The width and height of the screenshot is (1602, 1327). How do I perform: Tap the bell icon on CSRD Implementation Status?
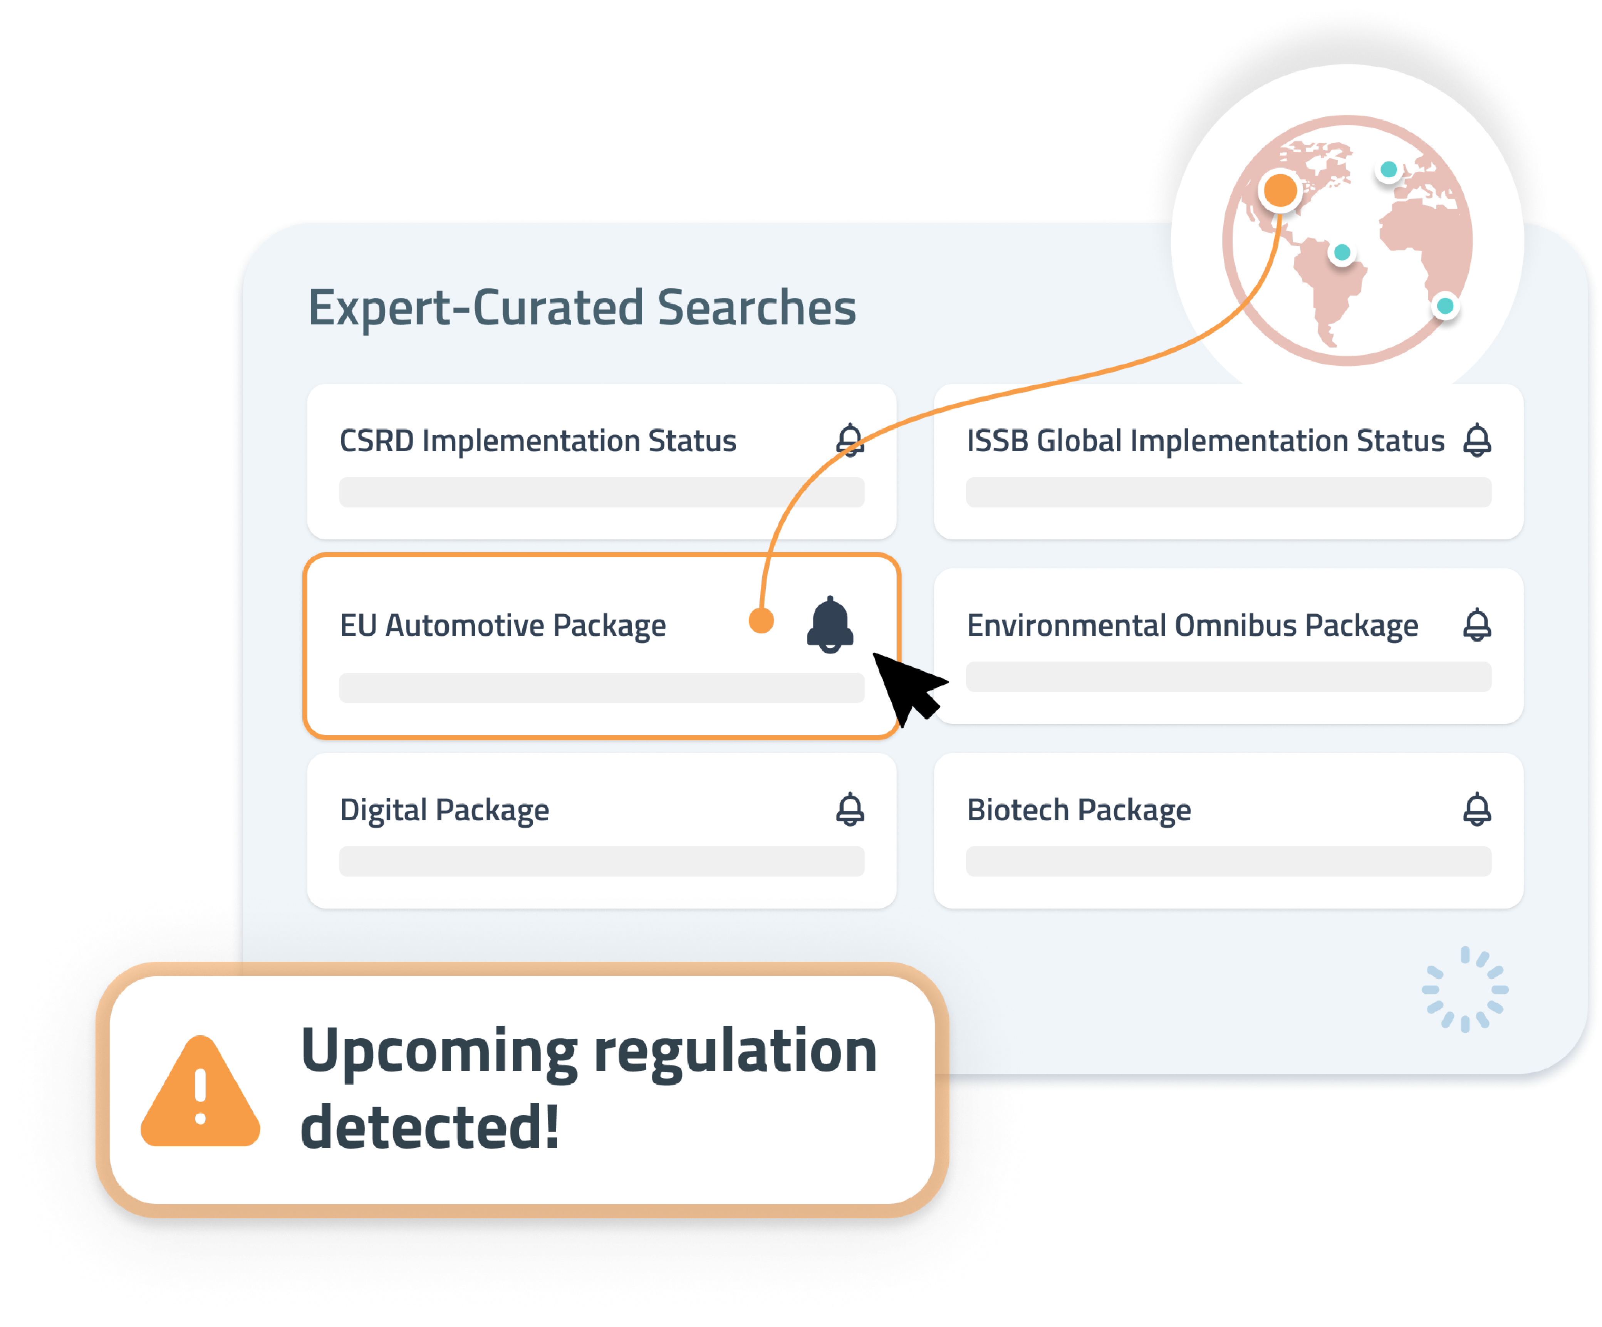point(850,440)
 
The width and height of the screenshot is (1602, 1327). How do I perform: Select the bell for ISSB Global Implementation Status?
point(1477,440)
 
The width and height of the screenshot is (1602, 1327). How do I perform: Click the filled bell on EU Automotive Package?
point(830,625)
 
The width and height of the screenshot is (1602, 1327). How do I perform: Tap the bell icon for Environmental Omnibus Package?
point(1477,625)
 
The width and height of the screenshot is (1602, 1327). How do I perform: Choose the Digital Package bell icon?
point(850,810)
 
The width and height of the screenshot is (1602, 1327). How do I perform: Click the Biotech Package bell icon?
point(1477,810)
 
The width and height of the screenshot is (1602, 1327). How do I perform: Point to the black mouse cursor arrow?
point(908,687)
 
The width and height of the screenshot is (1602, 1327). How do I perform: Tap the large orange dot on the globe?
point(1280,190)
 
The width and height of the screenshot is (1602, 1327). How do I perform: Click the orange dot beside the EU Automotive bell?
point(762,620)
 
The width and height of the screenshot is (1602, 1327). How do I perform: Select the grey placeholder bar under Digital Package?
point(602,862)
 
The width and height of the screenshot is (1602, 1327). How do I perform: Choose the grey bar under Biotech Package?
point(1228,862)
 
